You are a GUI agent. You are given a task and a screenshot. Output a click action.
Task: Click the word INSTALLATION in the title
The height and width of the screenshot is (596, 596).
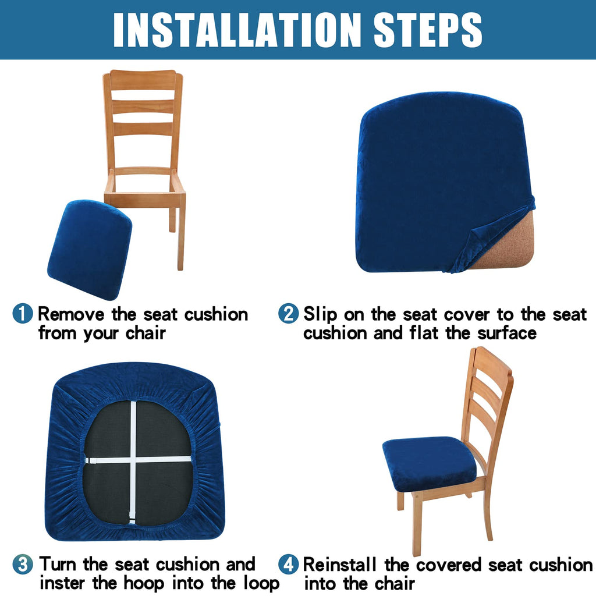tap(236, 29)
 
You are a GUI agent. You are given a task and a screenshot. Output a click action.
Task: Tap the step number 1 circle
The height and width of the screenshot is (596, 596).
tap(23, 314)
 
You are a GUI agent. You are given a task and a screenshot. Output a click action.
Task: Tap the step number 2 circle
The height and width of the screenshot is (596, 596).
tap(288, 314)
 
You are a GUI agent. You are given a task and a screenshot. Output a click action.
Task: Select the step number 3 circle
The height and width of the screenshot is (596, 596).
tap(23, 565)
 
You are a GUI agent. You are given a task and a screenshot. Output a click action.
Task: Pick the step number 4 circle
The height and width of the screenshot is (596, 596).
tap(288, 565)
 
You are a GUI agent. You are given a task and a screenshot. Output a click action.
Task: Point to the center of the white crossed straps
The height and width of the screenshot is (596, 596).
tap(133, 459)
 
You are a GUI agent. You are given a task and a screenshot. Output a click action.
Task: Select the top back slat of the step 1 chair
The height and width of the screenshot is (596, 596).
tap(143, 80)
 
